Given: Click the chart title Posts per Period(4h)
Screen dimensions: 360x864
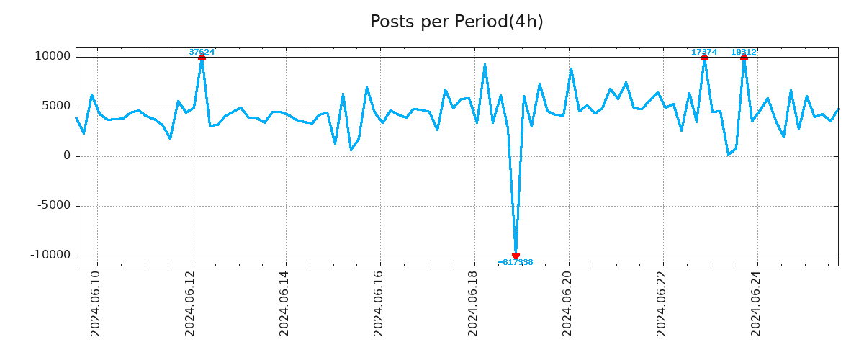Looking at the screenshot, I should [456, 22].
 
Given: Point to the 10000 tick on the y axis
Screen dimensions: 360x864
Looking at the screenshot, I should [53, 57].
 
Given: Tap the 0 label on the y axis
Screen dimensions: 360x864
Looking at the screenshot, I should [67, 156].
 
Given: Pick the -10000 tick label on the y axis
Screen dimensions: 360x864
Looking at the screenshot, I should [50, 256].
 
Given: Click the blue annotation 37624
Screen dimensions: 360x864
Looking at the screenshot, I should [202, 52].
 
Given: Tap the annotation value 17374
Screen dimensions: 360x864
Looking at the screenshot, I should [704, 52].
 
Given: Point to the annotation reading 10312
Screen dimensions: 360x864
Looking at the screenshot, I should [744, 52].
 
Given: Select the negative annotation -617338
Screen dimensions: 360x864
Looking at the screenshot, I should [516, 263].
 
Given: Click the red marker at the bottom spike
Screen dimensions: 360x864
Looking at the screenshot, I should [516, 256].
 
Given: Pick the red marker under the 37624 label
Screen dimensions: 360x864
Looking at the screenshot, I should [202, 57].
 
